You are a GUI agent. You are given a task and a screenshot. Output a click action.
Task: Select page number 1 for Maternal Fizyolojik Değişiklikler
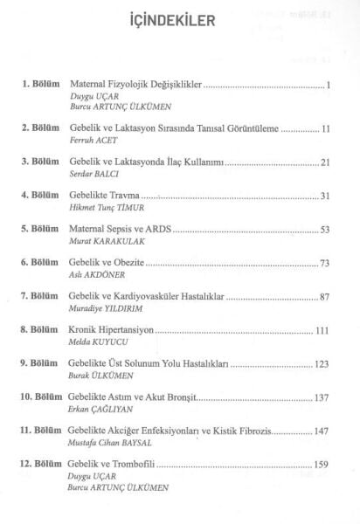click(325, 86)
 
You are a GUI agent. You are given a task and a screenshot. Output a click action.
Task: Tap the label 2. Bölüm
click(40, 128)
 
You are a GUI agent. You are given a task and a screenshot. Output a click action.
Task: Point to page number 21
click(322, 163)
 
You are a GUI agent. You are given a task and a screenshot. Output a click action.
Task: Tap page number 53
click(322, 230)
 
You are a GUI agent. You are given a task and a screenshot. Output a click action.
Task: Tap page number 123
click(321, 364)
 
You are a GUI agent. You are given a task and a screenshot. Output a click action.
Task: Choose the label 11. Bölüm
click(38, 431)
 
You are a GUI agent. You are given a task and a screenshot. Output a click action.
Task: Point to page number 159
click(321, 465)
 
